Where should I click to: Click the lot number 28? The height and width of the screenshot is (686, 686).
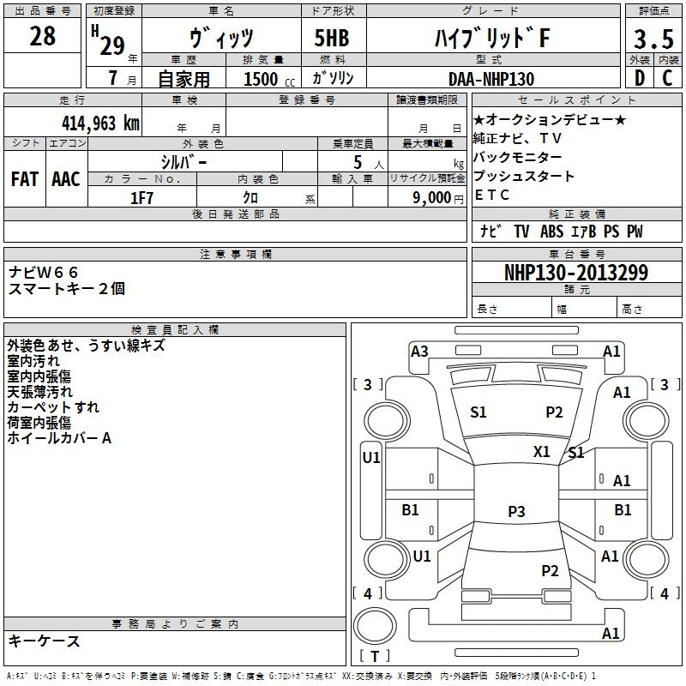[x=42, y=37]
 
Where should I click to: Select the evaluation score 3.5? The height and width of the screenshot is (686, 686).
[x=652, y=40]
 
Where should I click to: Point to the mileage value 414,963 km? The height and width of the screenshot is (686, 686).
[x=99, y=123]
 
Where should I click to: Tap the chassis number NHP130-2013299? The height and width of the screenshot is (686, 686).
[x=575, y=273]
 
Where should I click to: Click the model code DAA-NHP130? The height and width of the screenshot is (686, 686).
[x=491, y=79]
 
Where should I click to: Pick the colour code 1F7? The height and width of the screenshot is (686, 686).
[x=141, y=198]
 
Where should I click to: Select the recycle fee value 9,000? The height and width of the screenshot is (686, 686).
[x=430, y=198]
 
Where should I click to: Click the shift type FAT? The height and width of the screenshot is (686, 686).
[x=24, y=178]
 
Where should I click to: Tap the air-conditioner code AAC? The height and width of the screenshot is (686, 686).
[x=66, y=178]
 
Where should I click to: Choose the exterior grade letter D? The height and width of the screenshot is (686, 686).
[x=640, y=78]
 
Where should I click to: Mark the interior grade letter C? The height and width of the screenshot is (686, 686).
[x=667, y=78]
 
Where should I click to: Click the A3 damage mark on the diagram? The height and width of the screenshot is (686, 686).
[x=419, y=351]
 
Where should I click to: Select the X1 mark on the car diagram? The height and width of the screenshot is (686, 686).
[x=541, y=451]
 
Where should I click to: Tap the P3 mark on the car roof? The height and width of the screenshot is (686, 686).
[x=515, y=511]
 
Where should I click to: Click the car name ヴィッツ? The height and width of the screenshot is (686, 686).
[x=221, y=39]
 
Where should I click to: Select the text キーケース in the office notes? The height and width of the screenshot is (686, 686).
[x=44, y=641]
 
